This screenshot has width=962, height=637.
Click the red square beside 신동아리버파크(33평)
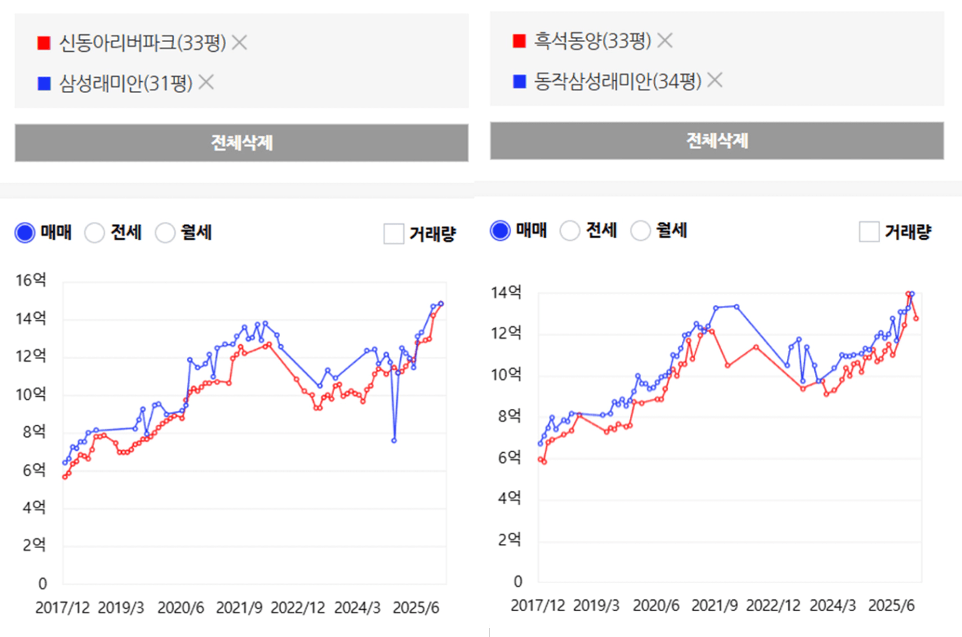43,43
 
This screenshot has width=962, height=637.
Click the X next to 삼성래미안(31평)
206,83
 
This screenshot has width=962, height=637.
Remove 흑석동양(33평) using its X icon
664,41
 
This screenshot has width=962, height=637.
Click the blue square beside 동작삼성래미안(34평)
519,81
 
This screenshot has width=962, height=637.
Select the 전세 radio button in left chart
95,232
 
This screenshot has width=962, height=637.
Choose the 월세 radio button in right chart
640,230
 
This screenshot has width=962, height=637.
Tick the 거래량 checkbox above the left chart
393,234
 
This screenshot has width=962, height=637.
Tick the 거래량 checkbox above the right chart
869,232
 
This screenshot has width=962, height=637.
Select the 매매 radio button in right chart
500,230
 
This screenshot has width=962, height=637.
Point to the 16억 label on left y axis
31,281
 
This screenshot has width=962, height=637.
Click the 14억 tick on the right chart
506,293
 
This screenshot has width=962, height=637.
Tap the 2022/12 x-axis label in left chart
298,608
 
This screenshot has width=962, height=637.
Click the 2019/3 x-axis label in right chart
596,605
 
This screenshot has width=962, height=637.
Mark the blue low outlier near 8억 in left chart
394,440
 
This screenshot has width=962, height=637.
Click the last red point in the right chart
916,318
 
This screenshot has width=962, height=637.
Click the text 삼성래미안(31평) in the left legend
126,83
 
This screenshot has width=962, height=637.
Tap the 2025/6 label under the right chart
891,605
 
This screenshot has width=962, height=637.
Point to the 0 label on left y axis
42,584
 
